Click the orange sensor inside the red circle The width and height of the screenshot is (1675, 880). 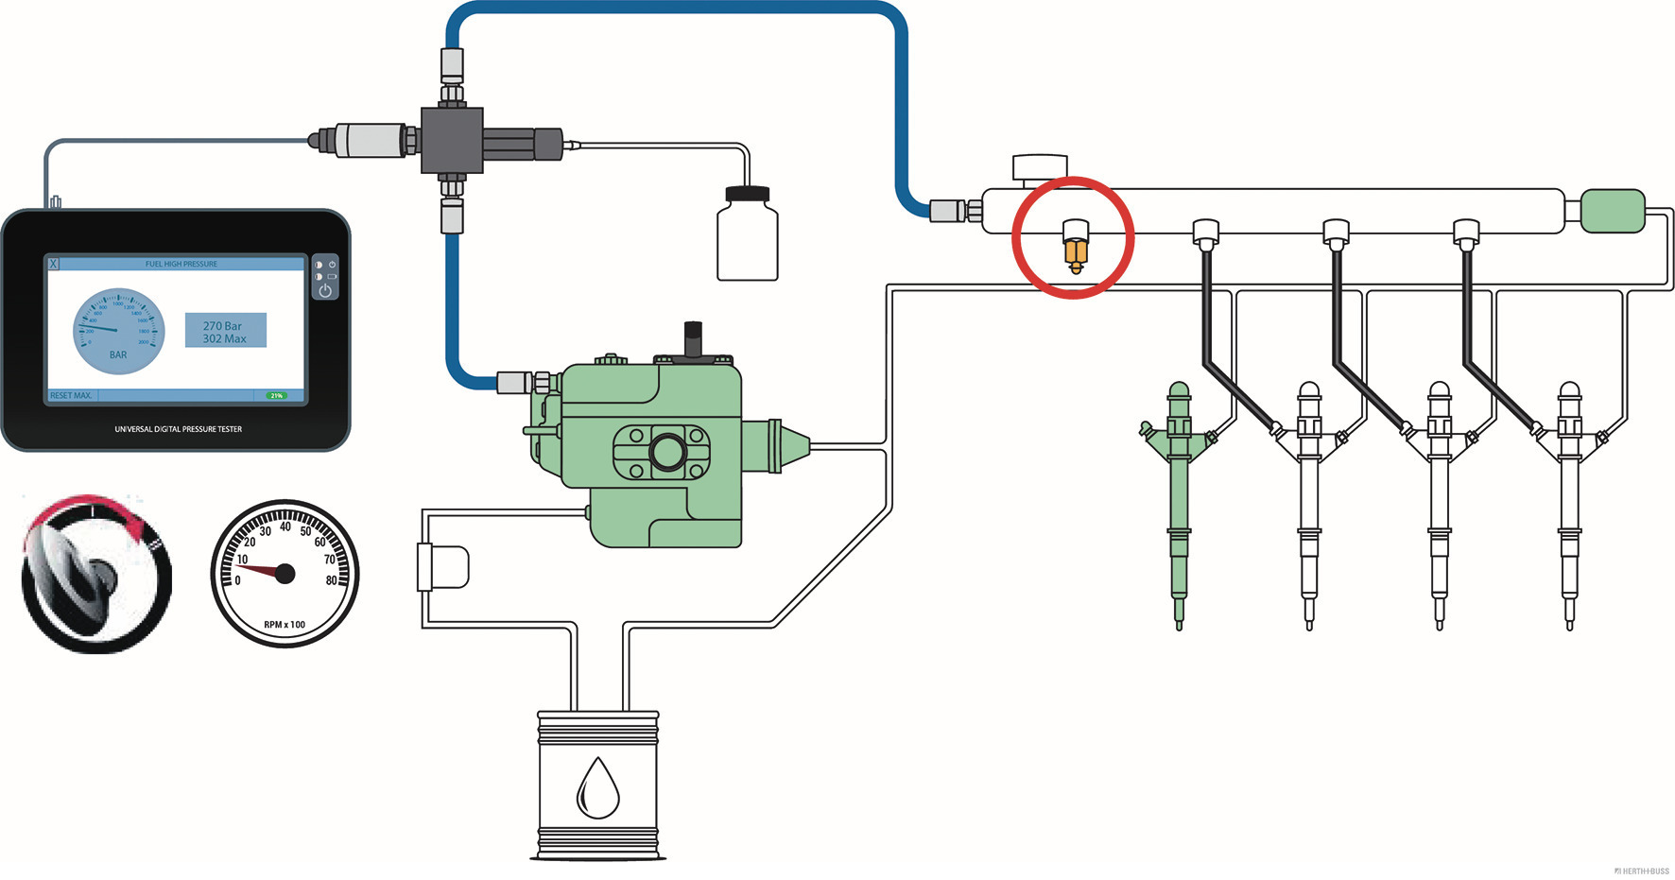[1075, 252]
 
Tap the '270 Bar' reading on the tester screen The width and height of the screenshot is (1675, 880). [222, 325]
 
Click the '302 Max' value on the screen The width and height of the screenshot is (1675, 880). [224, 339]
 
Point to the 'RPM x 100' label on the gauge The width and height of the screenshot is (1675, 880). [285, 625]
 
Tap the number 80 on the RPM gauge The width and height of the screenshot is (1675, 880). [331, 580]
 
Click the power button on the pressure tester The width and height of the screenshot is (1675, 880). [325, 290]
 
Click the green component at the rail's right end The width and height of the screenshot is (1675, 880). [1613, 211]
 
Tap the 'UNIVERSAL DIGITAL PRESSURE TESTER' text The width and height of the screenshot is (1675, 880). [179, 429]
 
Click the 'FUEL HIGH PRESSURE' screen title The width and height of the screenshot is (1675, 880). [181, 264]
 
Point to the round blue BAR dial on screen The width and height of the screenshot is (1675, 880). [118, 331]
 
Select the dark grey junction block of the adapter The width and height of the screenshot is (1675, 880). [452, 140]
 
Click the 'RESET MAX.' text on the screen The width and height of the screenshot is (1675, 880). [71, 396]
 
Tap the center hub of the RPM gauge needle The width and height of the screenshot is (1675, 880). [285, 573]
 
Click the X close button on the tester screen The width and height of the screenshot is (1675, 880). [54, 264]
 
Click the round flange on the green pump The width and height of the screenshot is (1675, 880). [666, 450]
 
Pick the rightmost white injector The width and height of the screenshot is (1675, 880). [1569, 501]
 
